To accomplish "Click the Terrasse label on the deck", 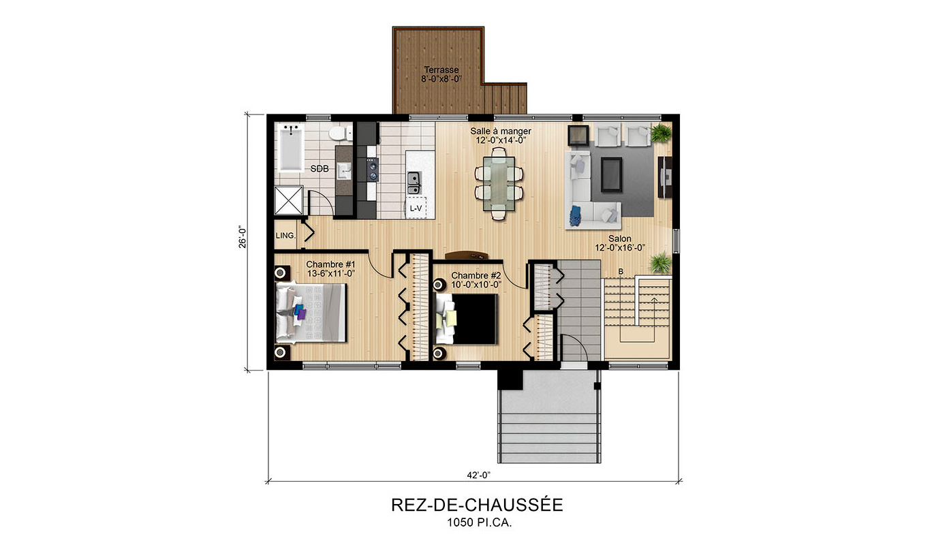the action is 441,70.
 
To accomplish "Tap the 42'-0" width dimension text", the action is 478,475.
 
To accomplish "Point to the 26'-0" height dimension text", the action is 243,236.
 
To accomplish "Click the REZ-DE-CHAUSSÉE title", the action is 477,505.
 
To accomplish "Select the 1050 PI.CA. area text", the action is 480,523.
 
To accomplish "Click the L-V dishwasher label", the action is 416,208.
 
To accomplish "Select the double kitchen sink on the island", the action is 414,183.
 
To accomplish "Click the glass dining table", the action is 499,184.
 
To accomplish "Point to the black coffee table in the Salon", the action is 611,174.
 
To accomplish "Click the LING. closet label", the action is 285,235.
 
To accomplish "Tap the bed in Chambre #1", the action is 311,313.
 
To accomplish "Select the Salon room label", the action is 620,238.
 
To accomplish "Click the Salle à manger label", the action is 500,131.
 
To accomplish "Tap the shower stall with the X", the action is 289,200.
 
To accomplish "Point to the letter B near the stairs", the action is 621,272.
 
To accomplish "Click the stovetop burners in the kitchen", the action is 373,170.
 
